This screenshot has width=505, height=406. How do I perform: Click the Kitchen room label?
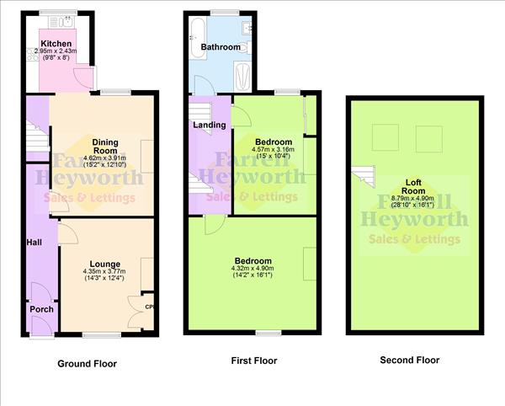coord(56,43)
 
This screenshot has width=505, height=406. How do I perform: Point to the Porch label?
coord(41,309)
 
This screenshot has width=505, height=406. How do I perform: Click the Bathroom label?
coord(220,47)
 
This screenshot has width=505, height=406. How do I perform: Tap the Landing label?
coord(209,125)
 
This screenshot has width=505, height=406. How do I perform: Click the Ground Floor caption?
coord(87,364)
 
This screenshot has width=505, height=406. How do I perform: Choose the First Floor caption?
coord(254,361)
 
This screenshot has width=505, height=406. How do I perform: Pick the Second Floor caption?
coord(409,360)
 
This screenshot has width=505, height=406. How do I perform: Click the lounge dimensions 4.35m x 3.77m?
coord(104,272)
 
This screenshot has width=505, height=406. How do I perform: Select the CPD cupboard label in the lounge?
coord(149,307)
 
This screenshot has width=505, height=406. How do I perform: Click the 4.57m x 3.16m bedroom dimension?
coord(274,151)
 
